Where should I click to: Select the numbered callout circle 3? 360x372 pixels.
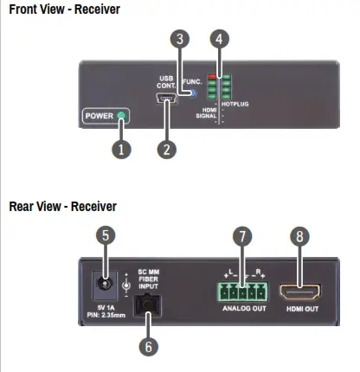(x=179, y=39)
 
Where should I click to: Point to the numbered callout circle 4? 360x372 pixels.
(x=222, y=39)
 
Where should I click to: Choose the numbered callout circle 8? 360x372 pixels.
(x=299, y=234)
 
